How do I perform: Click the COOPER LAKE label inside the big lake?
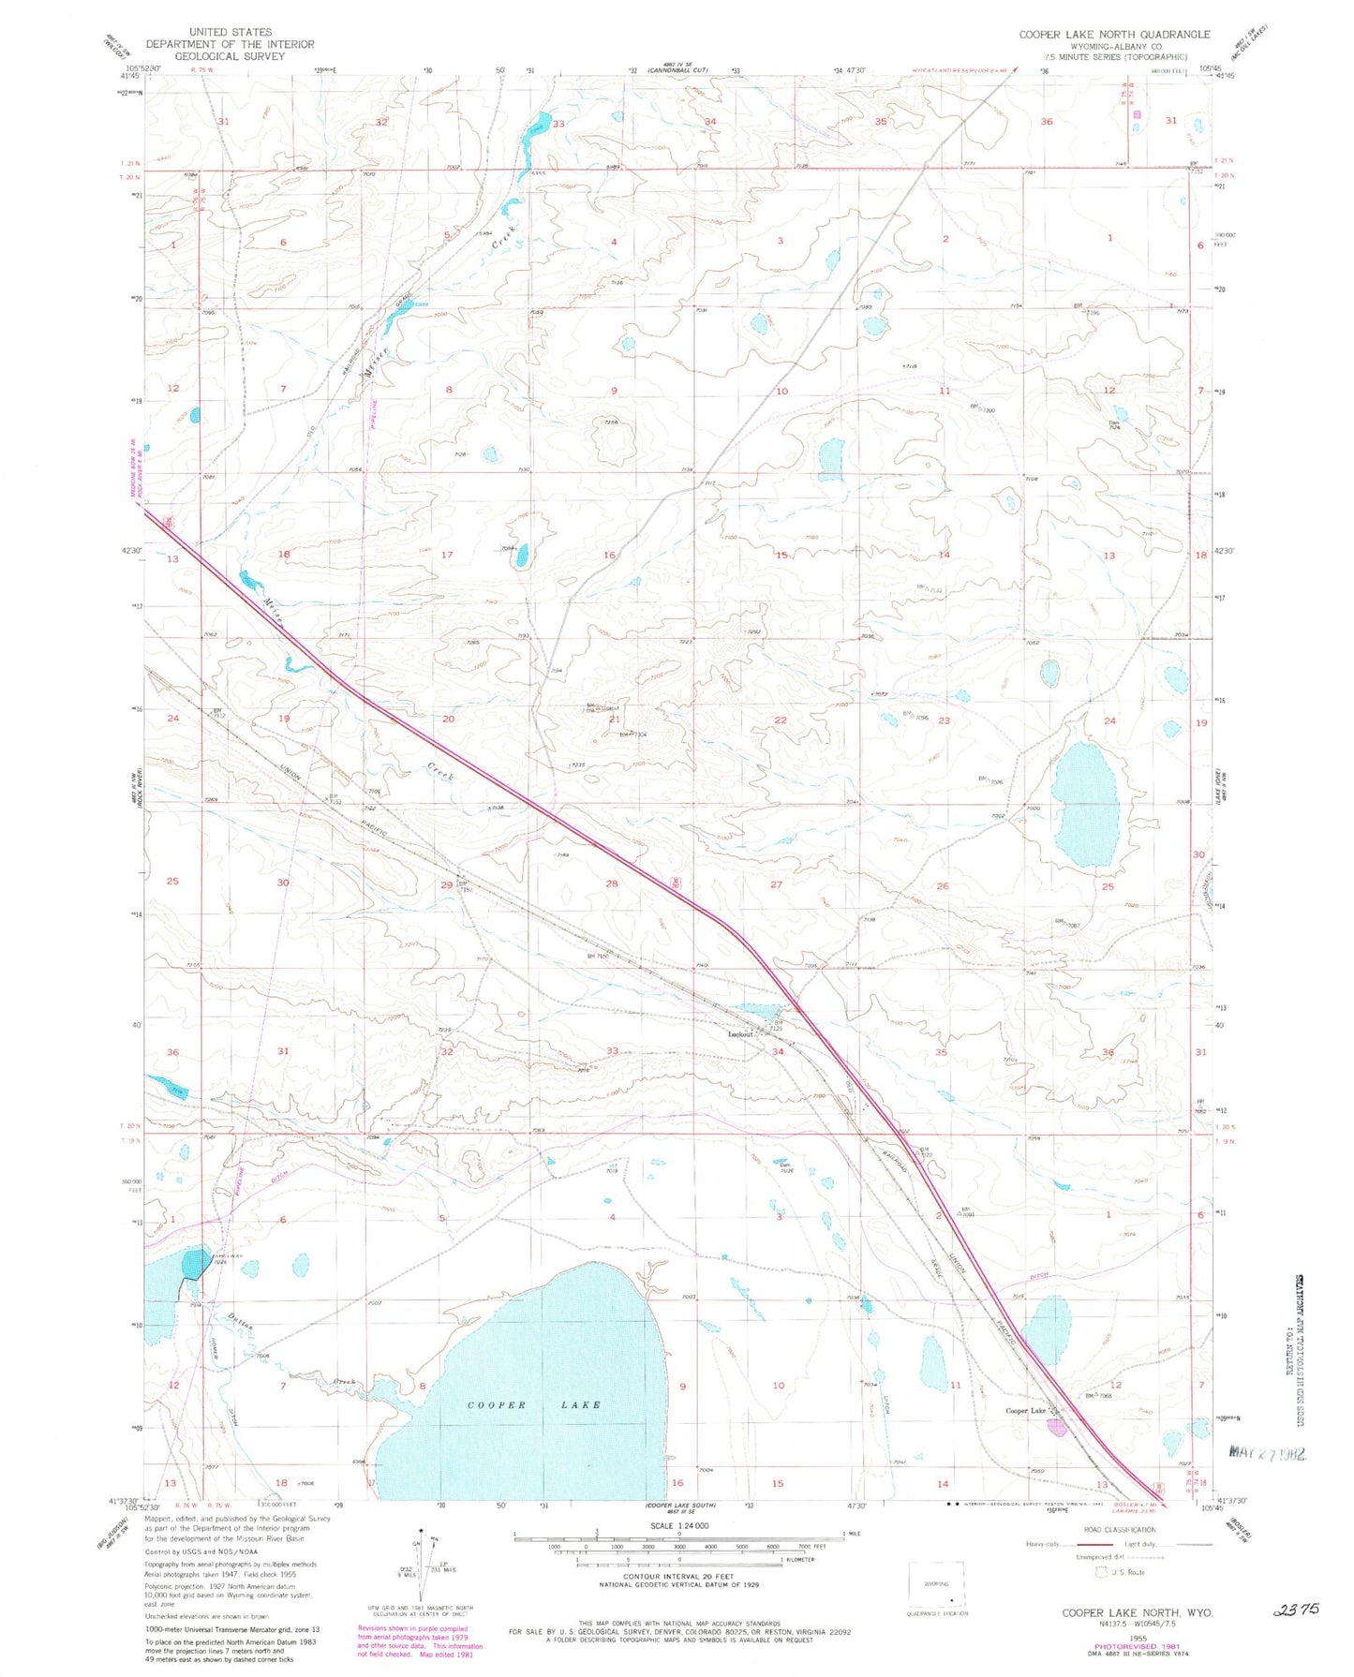click(534, 1405)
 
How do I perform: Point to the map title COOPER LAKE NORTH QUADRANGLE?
click(1114, 35)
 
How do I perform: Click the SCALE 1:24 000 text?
click(678, 1525)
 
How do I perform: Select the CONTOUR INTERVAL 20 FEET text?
click(678, 1576)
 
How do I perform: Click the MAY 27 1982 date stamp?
click(1267, 1454)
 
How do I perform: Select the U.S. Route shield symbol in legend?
click(1102, 1572)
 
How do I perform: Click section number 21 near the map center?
click(615, 720)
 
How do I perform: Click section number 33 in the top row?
click(558, 124)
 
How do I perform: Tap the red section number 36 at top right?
click(1047, 122)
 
